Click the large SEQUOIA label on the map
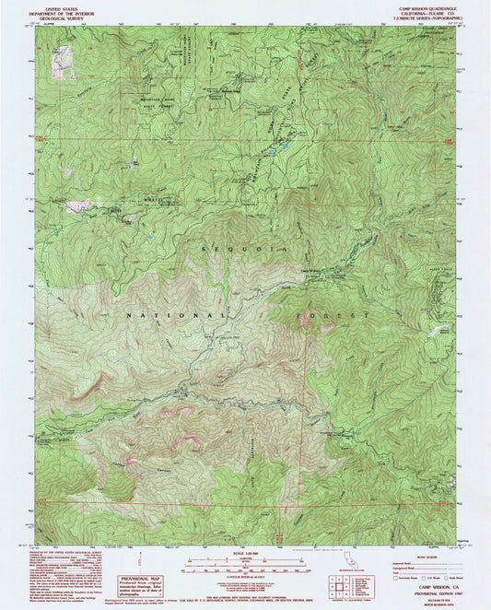(x=243, y=248)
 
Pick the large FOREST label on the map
(x=333, y=315)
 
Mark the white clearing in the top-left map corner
(x=63, y=61)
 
